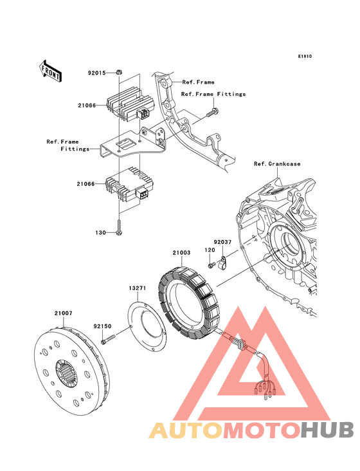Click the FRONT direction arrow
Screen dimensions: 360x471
point(50,71)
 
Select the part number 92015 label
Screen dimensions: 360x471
point(96,73)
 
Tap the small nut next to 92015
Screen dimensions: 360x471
point(118,73)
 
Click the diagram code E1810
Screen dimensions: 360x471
point(305,56)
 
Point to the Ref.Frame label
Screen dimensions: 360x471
point(198,82)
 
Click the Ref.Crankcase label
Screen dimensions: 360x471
point(277,163)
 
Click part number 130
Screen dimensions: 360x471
point(100,232)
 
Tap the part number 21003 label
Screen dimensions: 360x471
point(181,253)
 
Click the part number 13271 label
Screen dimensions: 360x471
point(138,288)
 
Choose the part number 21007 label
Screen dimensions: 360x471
point(63,313)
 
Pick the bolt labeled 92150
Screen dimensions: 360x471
point(109,340)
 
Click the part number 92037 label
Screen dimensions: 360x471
point(222,242)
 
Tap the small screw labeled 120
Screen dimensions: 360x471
point(212,265)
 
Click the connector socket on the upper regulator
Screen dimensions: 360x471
point(143,114)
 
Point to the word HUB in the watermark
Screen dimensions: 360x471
point(327,430)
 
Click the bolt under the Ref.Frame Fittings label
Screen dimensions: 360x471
point(212,113)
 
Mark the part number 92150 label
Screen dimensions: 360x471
point(102,326)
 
